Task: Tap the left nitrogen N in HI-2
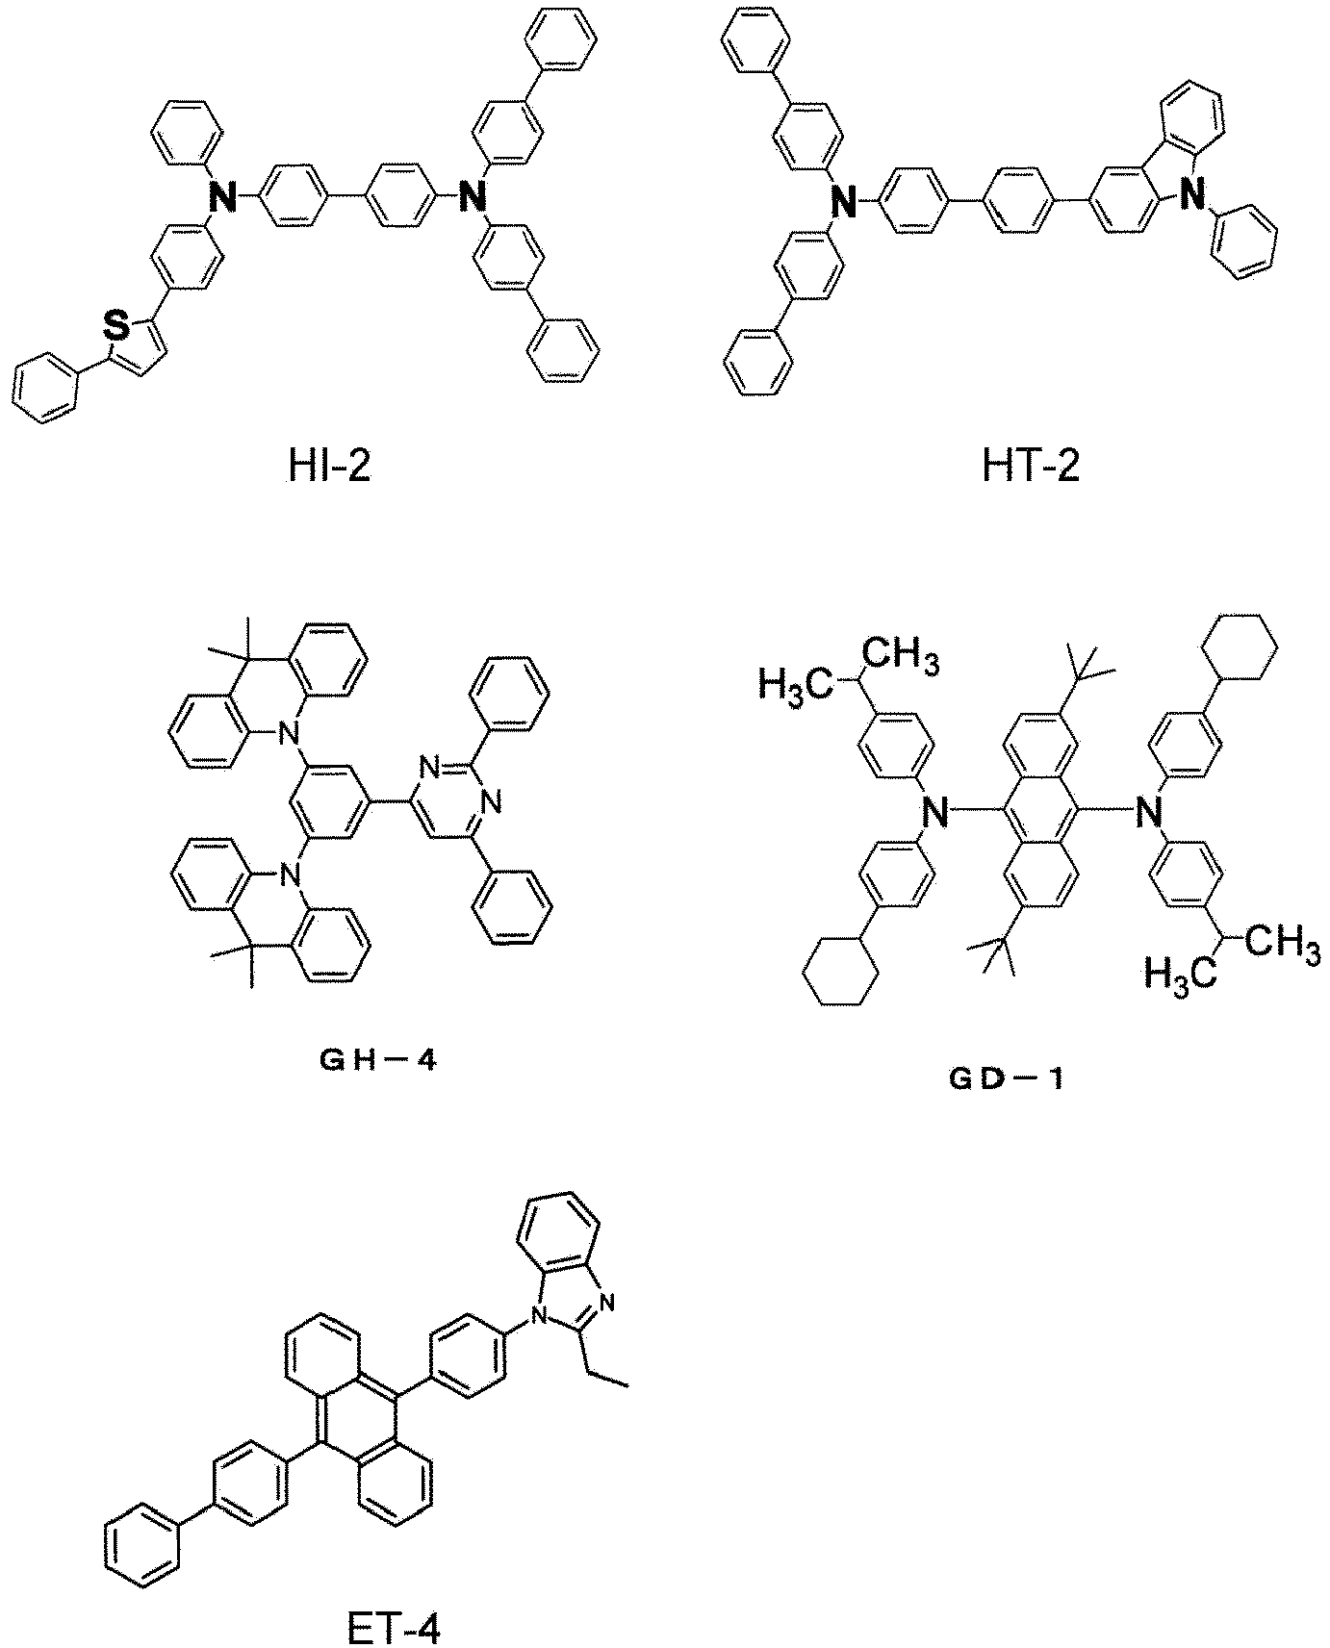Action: [x=222, y=199]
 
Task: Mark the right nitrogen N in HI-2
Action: [x=471, y=199]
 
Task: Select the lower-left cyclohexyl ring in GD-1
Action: [x=840, y=974]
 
